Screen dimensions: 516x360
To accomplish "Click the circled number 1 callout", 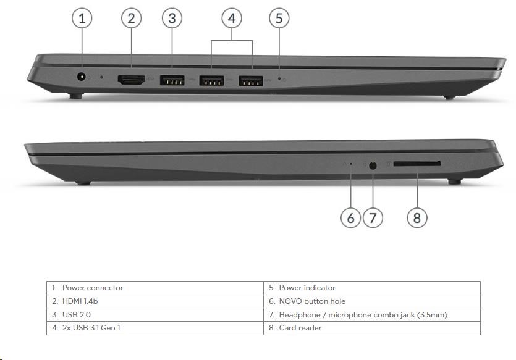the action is click(x=82, y=18).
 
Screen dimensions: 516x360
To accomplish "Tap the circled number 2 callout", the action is click(x=131, y=18).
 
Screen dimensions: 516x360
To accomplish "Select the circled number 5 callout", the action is click(x=279, y=18).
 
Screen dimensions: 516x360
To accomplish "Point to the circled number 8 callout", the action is click(x=417, y=217).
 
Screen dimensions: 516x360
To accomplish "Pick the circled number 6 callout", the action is click(x=351, y=217).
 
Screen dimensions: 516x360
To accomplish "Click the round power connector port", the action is click(x=81, y=77).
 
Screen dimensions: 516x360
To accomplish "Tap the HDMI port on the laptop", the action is click(x=131, y=80).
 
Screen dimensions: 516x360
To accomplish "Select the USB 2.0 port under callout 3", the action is click(x=172, y=80).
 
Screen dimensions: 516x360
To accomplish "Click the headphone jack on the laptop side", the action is click(x=373, y=165).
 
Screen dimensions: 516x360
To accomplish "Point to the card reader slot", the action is click(x=417, y=164).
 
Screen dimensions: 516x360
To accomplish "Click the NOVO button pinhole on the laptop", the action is click(x=351, y=164).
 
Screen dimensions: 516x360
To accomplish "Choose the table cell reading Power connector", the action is click(x=155, y=288).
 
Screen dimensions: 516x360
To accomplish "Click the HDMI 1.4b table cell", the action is click(x=155, y=301).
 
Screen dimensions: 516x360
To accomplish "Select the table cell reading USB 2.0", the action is click(x=155, y=315).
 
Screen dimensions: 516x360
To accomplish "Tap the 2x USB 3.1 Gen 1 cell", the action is click(x=155, y=328).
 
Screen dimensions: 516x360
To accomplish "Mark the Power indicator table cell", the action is click(x=372, y=288).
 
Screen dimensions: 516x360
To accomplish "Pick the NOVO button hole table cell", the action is click(x=372, y=301).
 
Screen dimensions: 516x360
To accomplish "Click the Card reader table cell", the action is click(x=372, y=328).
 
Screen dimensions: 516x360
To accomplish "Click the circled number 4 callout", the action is click(x=232, y=18).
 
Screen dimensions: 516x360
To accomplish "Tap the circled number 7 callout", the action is click(x=373, y=217).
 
